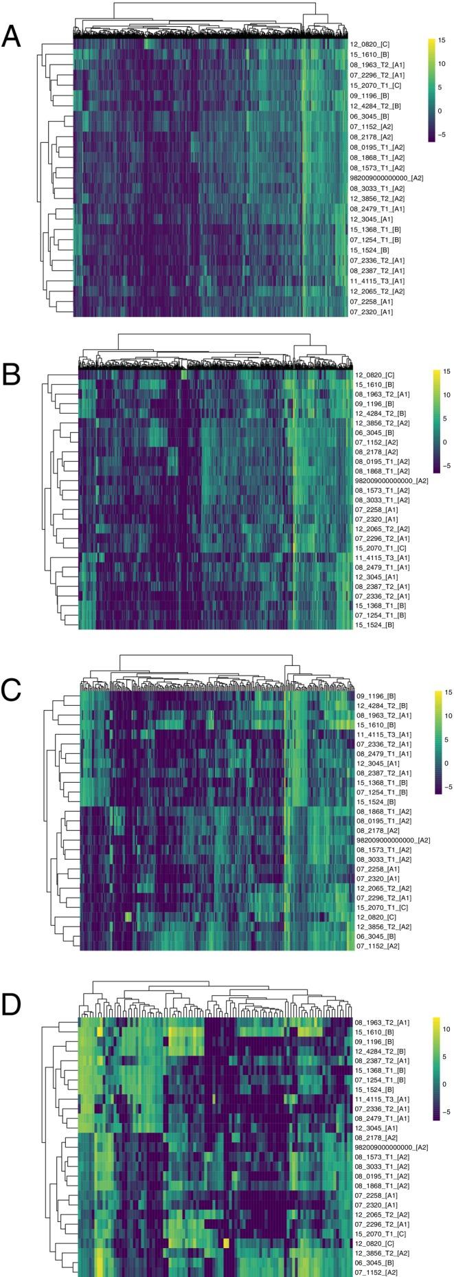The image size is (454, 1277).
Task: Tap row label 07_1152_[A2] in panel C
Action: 378,946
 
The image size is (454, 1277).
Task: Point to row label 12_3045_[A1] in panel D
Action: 374,1128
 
